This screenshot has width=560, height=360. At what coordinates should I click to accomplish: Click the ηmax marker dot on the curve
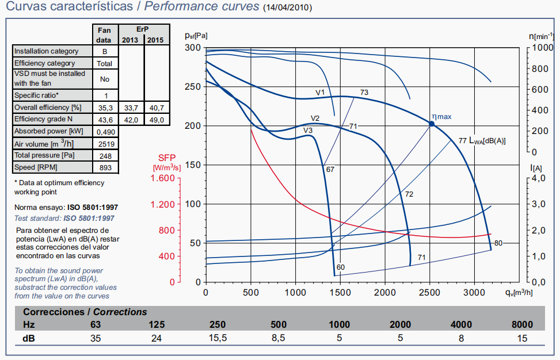tap(431, 123)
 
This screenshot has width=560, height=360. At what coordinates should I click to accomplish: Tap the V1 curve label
tap(320, 92)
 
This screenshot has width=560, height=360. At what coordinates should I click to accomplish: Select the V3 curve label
tap(308, 131)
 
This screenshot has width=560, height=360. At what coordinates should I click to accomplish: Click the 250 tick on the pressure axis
tap(193, 87)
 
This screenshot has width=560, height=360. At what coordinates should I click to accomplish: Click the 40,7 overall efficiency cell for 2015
tap(156, 108)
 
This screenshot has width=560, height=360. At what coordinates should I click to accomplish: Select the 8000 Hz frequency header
tap(522, 325)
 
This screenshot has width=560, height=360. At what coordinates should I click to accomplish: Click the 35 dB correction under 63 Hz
tap(96, 338)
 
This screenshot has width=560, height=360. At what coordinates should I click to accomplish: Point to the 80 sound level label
tap(498, 243)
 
